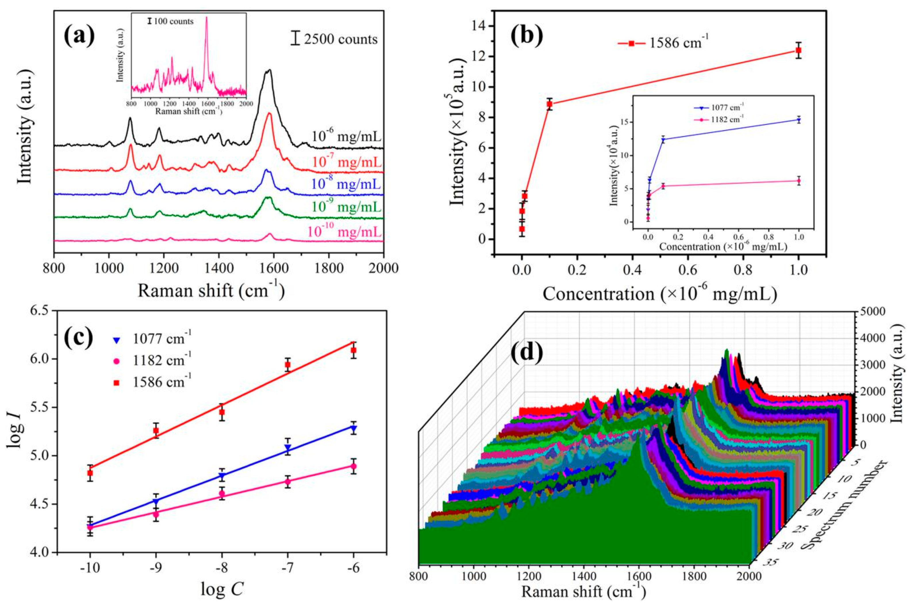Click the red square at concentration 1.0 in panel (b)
coord(798,50)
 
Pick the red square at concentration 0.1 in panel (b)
coord(550,104)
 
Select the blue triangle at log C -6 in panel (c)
coord(354,428)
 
